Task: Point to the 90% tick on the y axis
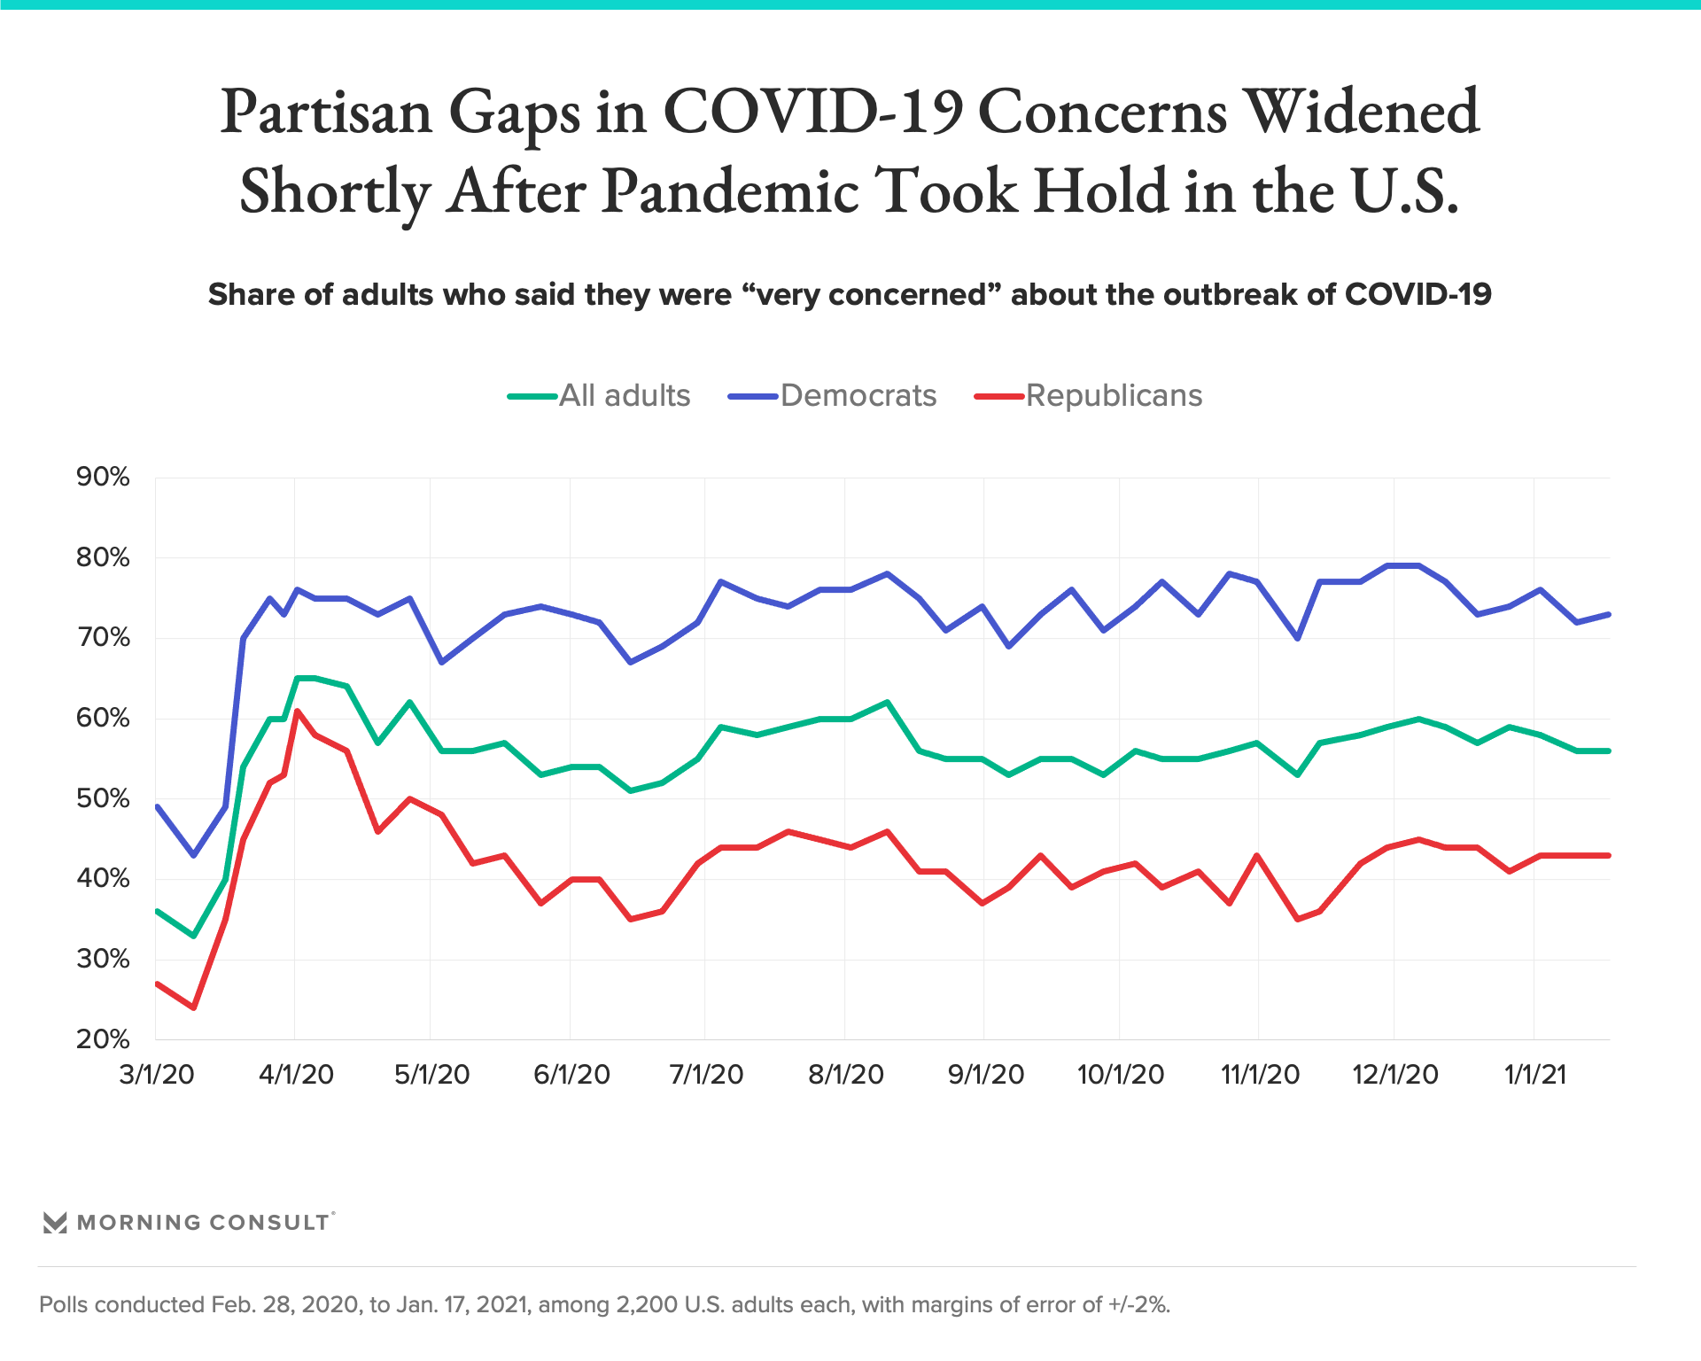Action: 103,478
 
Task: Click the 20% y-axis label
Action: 103,1039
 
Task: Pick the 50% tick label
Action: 103,798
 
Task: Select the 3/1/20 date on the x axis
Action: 157,1075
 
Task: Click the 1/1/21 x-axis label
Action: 1535,1075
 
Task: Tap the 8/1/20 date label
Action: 846,1075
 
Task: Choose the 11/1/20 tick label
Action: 1260,1075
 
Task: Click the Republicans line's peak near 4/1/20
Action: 297,711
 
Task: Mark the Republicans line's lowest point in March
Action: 193,1007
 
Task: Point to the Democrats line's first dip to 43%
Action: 193,855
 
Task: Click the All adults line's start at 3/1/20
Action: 157,911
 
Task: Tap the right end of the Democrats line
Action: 1608,614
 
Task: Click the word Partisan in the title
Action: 327,113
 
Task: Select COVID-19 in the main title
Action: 812,113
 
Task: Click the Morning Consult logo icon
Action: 55,1223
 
